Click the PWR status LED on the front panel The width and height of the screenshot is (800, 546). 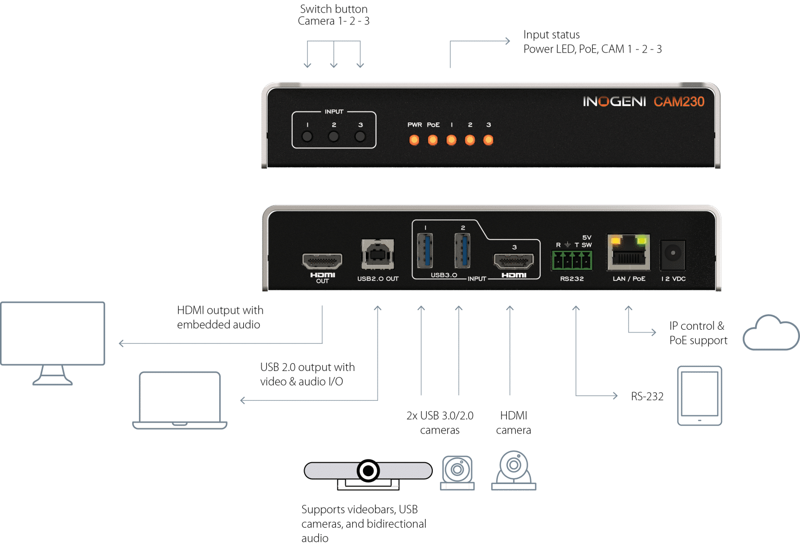point(414,140)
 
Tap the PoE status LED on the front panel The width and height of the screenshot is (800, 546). point(433,140)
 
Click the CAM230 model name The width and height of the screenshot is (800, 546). point(679,102)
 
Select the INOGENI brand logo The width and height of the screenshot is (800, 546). point(614,102)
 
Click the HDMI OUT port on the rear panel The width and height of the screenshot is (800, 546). point(322,260)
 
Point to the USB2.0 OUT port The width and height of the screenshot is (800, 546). point(378,254)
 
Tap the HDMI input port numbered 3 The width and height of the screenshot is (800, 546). point(514,260)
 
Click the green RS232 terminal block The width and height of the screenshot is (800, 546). point(572,259)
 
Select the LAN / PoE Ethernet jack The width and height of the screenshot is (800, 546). point(629,253)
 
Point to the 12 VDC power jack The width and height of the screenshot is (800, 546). point(673,254)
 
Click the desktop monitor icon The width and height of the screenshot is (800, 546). point(53,341)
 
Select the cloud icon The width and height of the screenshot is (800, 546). point(771,333)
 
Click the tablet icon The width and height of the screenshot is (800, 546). point(699,395)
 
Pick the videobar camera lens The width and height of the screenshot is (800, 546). point(368,470)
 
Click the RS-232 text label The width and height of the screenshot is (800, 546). point(647,396)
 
